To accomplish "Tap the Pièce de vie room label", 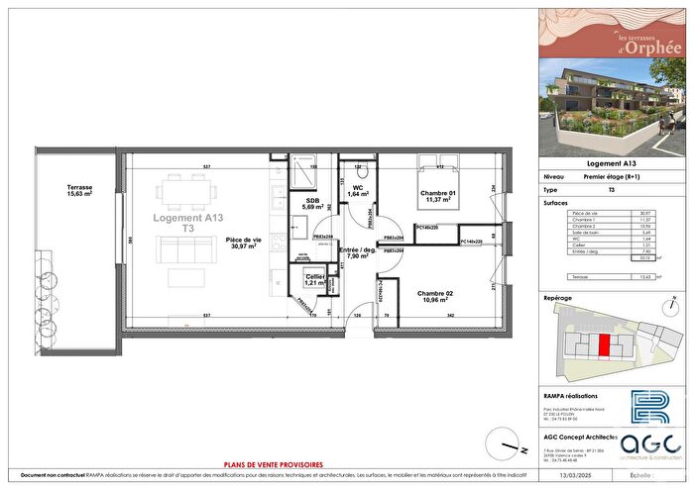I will click(242, 243).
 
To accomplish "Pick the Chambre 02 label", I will click(436, 296).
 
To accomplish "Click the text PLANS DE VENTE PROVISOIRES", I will click(273, 463).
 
